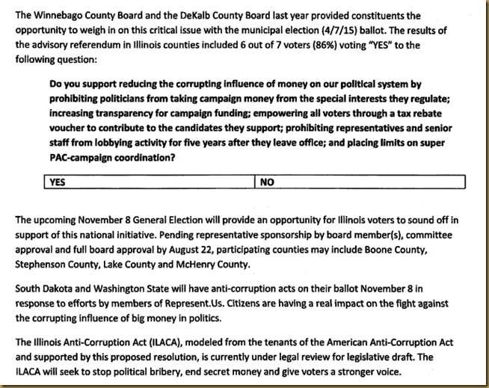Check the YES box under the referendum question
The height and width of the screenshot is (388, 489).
[150, 182]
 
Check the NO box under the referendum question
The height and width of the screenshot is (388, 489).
[360, 182]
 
